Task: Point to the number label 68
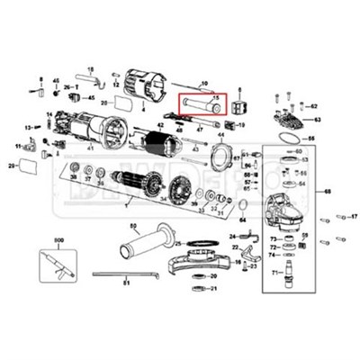pos(328,192)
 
